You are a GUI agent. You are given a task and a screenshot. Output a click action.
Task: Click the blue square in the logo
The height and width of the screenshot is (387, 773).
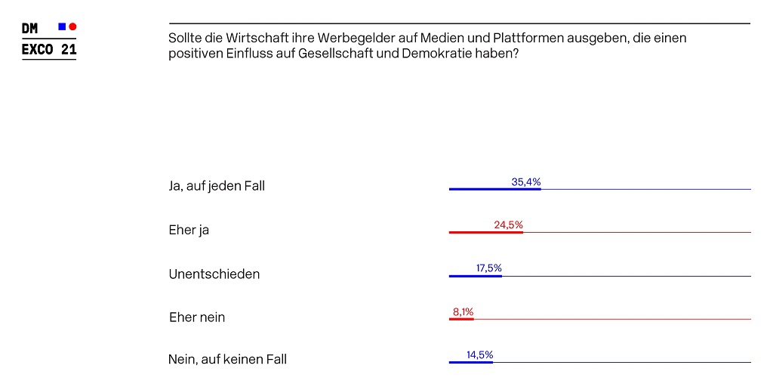click(x=62, y=26)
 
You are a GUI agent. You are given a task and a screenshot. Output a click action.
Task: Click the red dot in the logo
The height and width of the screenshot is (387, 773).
click(x=72, y=26)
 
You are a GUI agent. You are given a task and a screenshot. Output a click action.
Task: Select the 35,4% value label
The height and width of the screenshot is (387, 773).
click(x=526, y=182)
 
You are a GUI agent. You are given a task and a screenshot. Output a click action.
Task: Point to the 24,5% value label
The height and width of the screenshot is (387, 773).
click(x=508, y=225)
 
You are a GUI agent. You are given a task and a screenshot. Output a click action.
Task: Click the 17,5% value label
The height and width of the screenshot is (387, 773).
click(x=489, y=268)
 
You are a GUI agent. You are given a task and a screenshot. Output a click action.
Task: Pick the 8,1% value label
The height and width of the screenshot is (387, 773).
click(x=463, y=311)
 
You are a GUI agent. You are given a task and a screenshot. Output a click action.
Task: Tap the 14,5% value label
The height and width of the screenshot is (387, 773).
click(x=480, y=354)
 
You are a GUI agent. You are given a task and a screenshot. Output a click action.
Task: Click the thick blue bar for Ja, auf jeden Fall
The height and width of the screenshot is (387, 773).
click(x=494, y=189)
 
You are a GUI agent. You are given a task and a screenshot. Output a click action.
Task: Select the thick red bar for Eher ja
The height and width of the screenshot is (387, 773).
click(x=485, y=232)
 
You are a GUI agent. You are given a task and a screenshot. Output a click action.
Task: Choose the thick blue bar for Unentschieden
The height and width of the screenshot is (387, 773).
click(x=475, y=276)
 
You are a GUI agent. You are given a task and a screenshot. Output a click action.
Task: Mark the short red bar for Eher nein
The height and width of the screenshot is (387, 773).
click(x=461, y=319)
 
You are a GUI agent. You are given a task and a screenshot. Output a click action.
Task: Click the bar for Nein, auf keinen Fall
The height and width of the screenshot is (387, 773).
click(x=470, y=362)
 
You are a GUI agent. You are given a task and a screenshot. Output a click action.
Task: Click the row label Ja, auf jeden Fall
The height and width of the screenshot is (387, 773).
click(x=217, y=186)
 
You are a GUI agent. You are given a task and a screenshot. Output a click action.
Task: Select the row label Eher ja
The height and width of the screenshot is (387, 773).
click(x=189, y=230)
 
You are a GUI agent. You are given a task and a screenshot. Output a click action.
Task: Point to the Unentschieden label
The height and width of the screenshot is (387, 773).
click(x=214, y=274)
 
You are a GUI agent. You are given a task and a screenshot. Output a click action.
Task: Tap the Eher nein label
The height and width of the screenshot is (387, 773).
click(x=197, y=317)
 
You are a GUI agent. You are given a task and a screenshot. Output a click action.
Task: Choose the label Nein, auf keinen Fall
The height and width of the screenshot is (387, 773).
click(x=227, y=360)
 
